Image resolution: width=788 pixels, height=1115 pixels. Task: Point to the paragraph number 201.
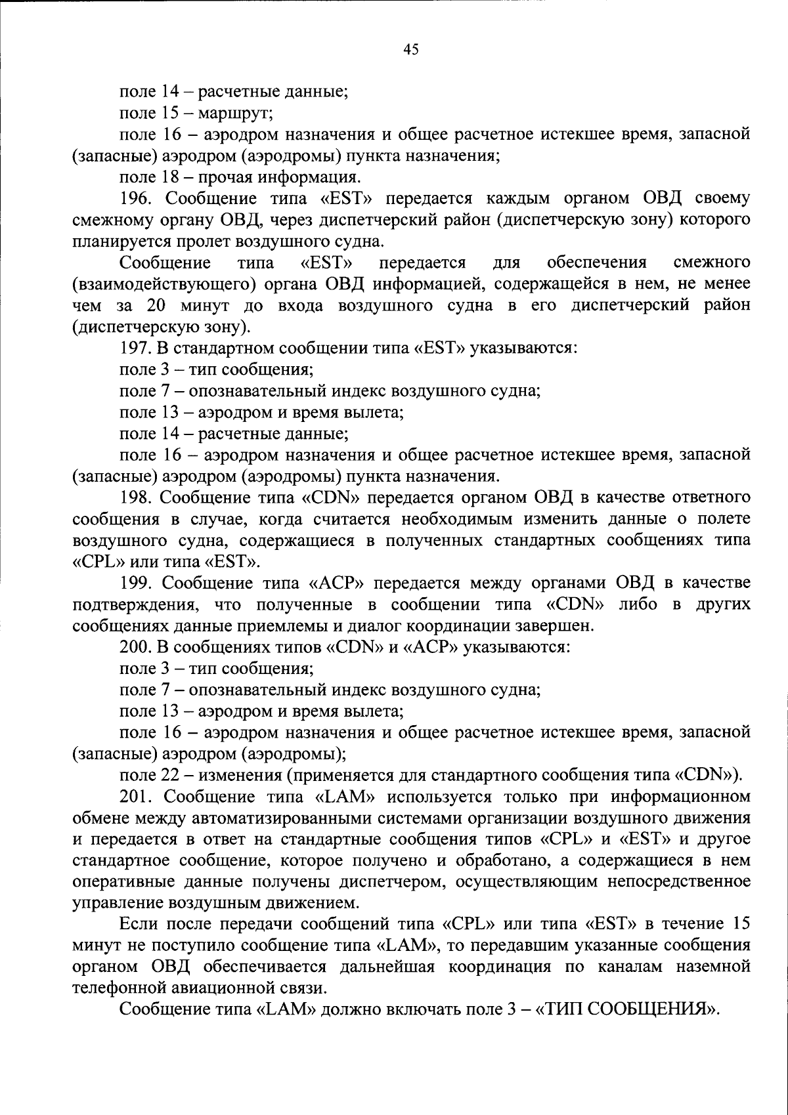pos(135,797)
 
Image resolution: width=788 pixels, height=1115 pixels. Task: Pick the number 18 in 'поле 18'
pos(170,177)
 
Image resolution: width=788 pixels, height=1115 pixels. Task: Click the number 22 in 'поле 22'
pos(170,775)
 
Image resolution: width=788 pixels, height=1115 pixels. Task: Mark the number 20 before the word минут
pos(156,305)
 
